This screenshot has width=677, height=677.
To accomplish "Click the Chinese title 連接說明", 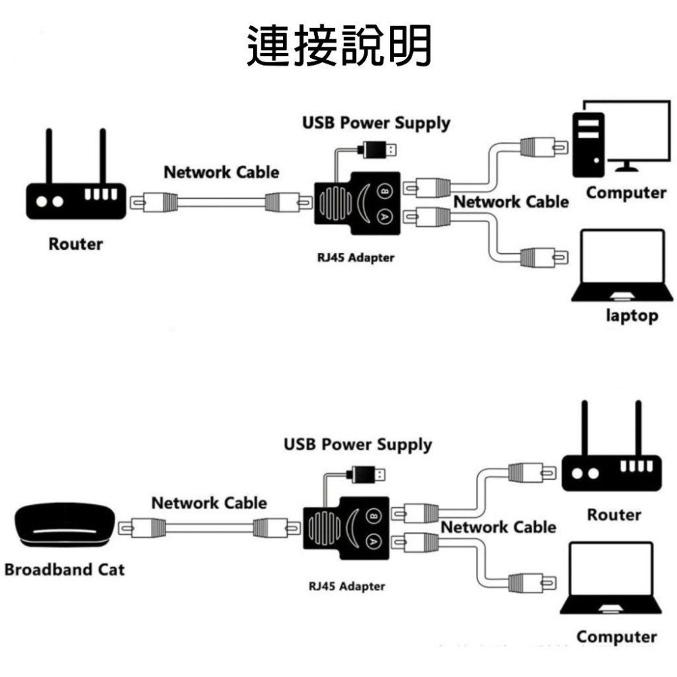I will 338,46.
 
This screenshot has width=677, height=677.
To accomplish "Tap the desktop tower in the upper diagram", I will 588,143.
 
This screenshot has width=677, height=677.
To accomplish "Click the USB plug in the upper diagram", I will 378,148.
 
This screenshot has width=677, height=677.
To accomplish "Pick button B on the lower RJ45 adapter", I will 372,518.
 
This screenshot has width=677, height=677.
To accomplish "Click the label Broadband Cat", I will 64,569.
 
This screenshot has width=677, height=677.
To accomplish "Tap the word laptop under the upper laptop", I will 631,315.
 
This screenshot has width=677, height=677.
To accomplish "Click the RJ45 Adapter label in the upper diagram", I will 355,258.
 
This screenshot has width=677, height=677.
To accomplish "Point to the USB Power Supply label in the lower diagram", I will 357,445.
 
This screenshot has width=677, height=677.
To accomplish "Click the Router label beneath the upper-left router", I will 75,244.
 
